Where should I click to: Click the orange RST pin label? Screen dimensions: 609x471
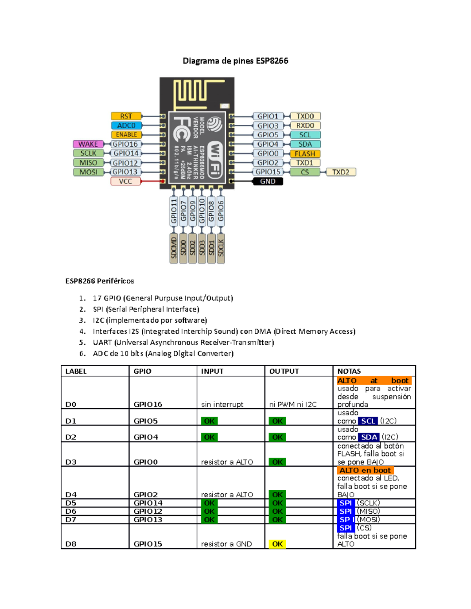[x=126, y=116]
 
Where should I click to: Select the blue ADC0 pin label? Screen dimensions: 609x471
[x=126, y=125]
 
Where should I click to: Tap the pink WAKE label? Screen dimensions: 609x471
[x=88, y=144]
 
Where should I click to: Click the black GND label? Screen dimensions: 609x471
[x=268, y=181]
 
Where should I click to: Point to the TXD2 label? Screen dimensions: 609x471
[x=341, y=172]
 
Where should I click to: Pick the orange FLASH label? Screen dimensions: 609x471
[x=305, y=154]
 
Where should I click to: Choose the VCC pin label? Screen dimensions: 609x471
[x=126, y=181]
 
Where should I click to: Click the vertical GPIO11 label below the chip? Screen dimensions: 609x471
[x=174, y=211]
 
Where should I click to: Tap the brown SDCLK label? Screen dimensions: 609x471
[x=221, y=248]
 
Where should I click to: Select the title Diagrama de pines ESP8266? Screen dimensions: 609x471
[x=235, y=61]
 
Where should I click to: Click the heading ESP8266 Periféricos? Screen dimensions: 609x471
[x=100, y=281]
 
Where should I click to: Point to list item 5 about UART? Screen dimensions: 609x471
[x=183, y=342]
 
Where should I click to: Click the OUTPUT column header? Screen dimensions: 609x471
[x=284, y=371]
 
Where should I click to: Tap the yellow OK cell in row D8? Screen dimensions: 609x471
[x=277, y=544]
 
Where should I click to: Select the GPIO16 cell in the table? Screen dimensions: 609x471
[x=148, y=404]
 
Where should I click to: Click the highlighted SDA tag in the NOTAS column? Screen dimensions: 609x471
[x=369, y=437]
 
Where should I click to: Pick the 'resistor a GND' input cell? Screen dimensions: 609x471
[x=226, y=544]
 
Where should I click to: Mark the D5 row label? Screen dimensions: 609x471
[x=71, y=503]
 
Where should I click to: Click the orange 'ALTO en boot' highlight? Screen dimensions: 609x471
[x=365, y=470]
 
